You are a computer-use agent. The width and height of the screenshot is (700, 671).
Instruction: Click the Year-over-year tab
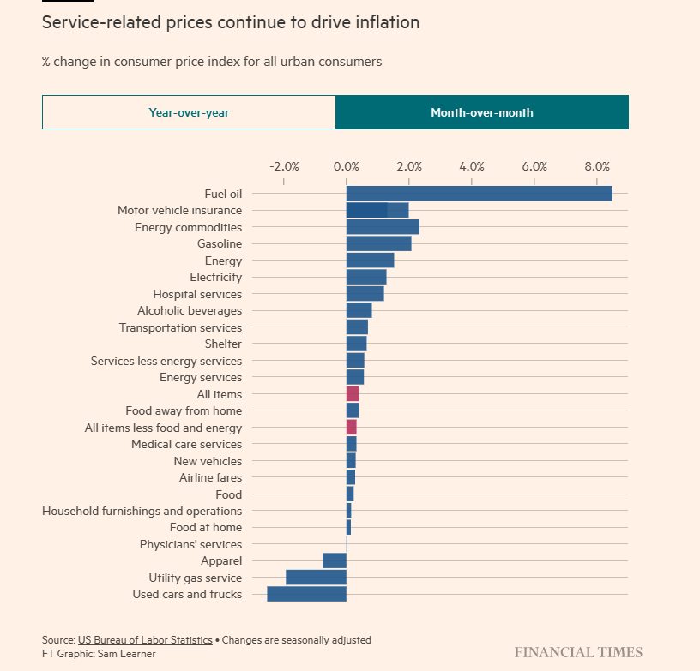point(189,112)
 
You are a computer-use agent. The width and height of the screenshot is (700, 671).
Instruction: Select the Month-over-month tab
point(481,112)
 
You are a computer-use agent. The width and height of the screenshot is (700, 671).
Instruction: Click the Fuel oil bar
point(479,194)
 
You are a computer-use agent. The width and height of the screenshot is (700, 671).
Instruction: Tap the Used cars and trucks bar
point(306,594)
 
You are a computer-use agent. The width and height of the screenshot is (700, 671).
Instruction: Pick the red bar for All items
point(353,394)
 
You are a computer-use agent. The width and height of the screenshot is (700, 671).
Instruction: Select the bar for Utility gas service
point(316,578)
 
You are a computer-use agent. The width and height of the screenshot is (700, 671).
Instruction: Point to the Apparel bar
point(334,560)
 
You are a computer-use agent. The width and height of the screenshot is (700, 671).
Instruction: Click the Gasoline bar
point(378,244)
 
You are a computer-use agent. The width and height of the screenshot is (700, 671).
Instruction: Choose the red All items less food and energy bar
point(351,428)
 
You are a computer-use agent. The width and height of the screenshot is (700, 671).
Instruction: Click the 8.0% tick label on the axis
point(597,166)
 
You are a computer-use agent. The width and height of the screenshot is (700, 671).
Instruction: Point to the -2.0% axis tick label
point(284,166)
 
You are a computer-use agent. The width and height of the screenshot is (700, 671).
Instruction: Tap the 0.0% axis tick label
point(347,166)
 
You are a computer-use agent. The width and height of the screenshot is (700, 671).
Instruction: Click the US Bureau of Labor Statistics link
point(145,640)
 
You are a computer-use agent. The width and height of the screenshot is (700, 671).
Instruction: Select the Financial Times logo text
point(578,652)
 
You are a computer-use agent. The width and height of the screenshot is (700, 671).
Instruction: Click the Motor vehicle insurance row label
point(179,211)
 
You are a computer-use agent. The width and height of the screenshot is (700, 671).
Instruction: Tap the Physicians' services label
point(190,544)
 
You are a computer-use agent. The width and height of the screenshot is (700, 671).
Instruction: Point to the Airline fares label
point(210,477)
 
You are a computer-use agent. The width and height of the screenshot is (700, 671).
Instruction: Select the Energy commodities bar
point(383,227)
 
